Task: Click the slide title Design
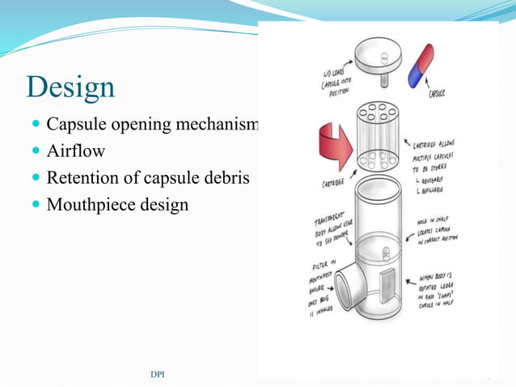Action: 70,87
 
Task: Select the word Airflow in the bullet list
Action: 75,151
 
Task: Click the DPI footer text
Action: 160,374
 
